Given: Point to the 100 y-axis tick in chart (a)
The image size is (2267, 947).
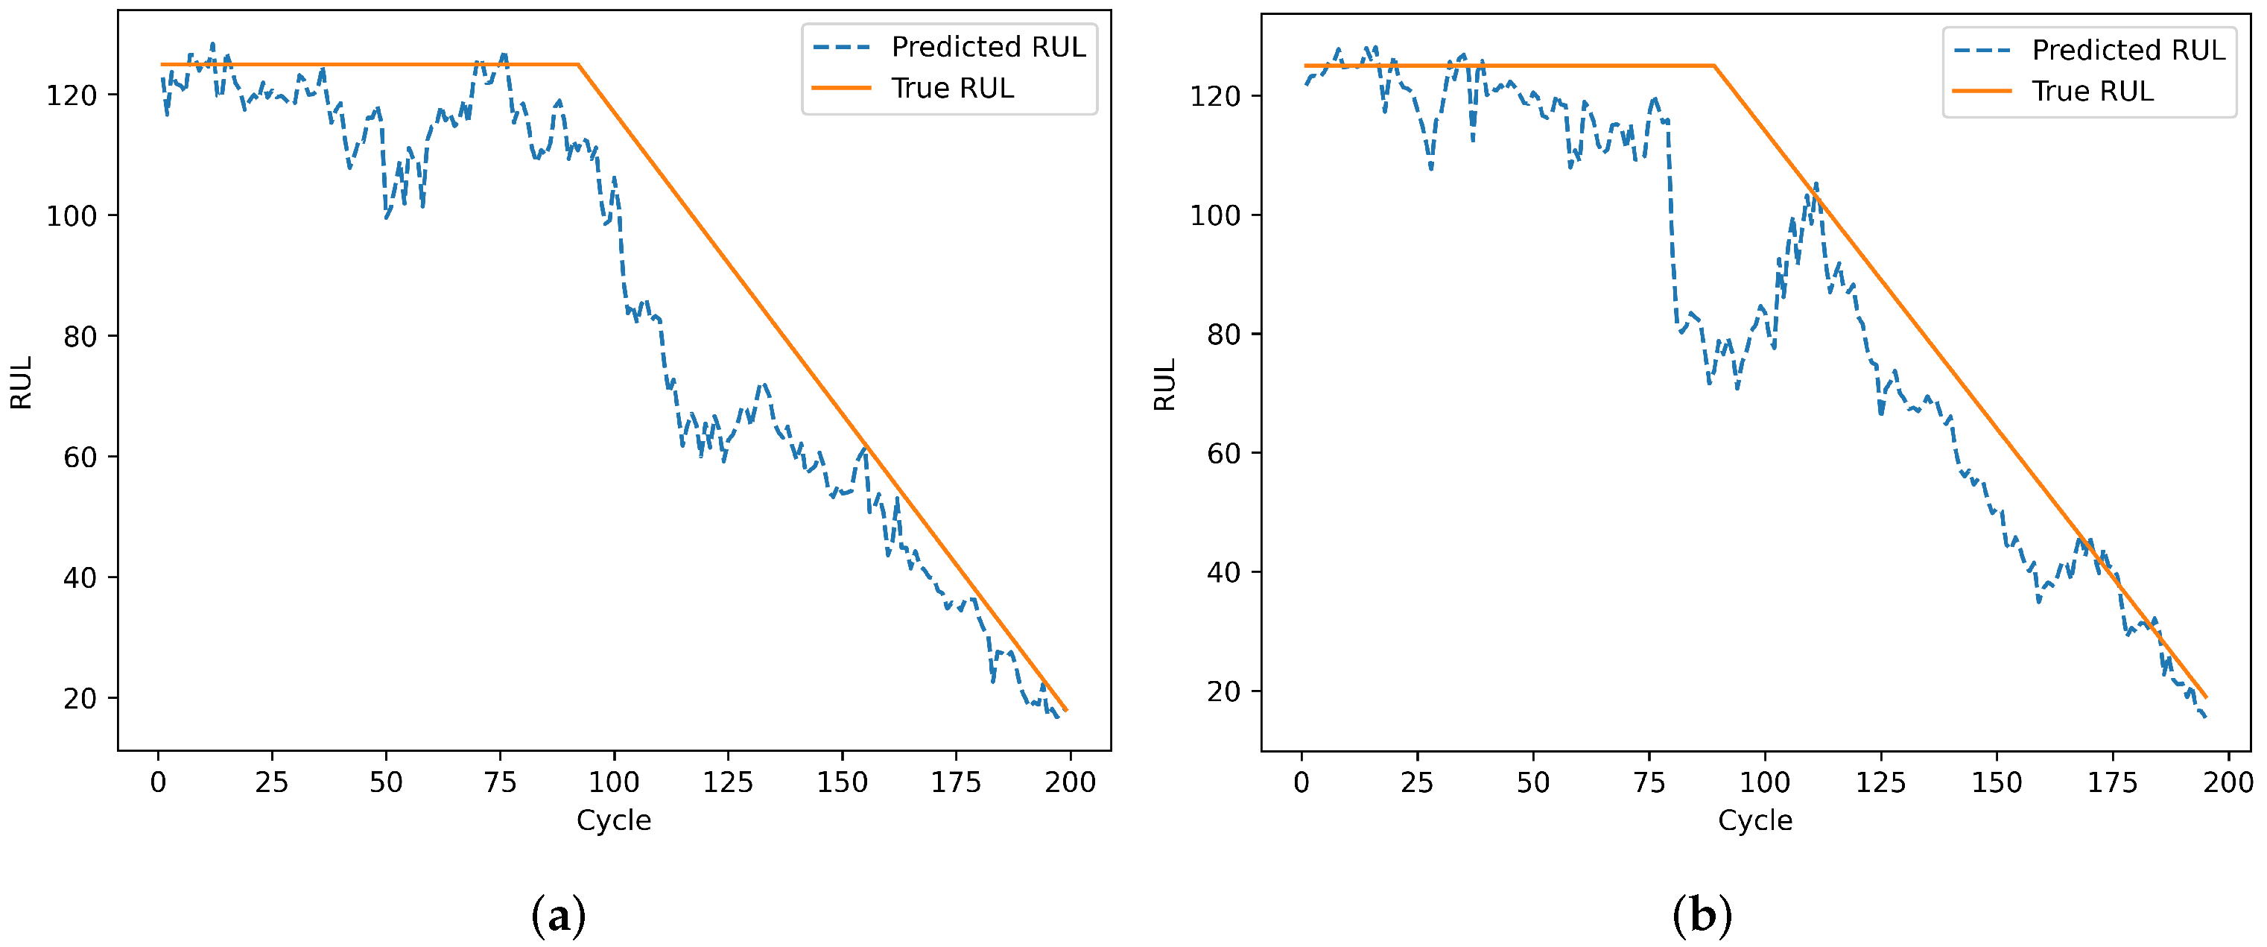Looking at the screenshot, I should pyautogui.click(x=72, y=215).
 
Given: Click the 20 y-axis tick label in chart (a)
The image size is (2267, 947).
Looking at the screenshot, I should pyautogui.click(x=79, y=699).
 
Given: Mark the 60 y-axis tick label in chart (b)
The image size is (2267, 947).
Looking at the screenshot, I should pyautogui.click(x=1223, y=453).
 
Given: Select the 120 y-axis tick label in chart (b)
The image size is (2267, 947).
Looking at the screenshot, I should pyautogui.click(x=1215, y=96).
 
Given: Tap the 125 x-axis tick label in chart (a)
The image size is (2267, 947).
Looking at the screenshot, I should pyautogui.click(x=728, y=782).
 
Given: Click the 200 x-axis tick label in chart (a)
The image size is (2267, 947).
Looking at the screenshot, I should pyautogui.click(x=1070, y=782).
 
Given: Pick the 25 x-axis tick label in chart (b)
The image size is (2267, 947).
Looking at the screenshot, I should pyautogui.click(x=1417, y=782).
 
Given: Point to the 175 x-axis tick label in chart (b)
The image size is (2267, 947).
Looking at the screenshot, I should pyautogui.click(x=2112, y=782).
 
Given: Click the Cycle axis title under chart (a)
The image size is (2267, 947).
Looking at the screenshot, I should pyautogui.click(x=613, y=820).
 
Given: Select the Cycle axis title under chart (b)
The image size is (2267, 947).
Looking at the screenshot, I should pyautogui.click(x=1754, y=820).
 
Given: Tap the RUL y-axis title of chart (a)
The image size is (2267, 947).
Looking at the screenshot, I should pyautogui.click(x=21, y=383).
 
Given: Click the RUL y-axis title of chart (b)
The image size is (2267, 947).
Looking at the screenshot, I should pyautogui.click(x=1164, y=384).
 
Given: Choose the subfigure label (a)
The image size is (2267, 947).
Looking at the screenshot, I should pyautogui.click(x=558, y=915).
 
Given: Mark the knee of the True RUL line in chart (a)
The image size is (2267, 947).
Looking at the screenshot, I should pyautogui.click(x=578, y=64).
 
